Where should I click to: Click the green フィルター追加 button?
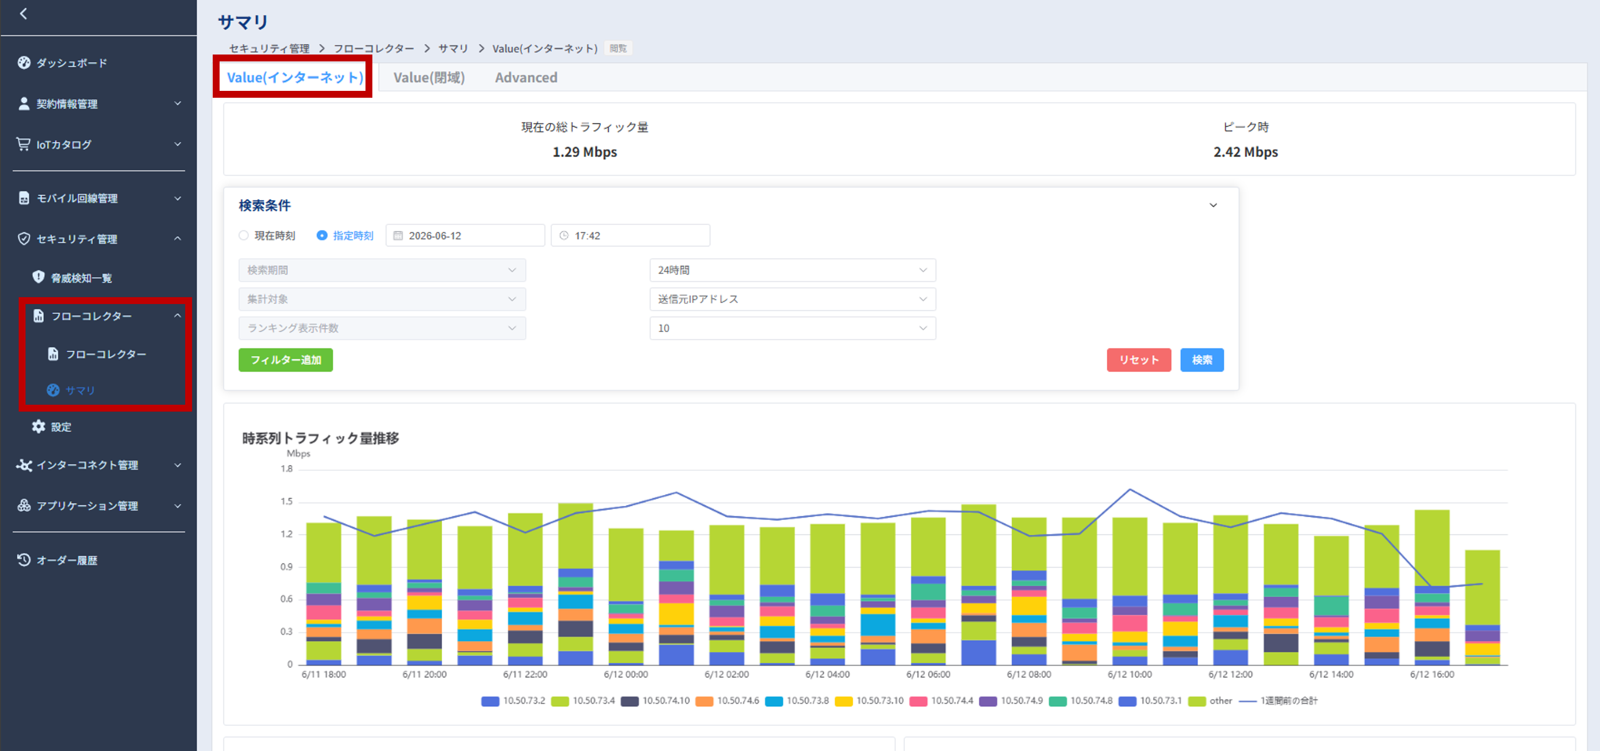[x=286, y=360]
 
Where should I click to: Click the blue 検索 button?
[x=1202, y=360]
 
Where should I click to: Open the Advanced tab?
[x=526, y=78]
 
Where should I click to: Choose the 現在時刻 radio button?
[x=244, y=235]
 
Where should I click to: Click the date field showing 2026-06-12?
[x=465, y=235]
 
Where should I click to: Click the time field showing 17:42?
[x=630, y=235]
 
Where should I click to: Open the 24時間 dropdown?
[x=792, y=270]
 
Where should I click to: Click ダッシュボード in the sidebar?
[x=71, y=63]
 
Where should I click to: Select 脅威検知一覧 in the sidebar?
[x=81, y=278]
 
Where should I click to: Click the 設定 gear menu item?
[x=60, y=427]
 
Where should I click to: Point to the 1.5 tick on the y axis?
[x=286, y=501]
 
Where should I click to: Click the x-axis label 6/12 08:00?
[x=1029, y=674]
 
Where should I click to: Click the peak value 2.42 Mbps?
[x=1245, y=152]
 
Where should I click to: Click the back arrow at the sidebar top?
[x=24, y=14]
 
